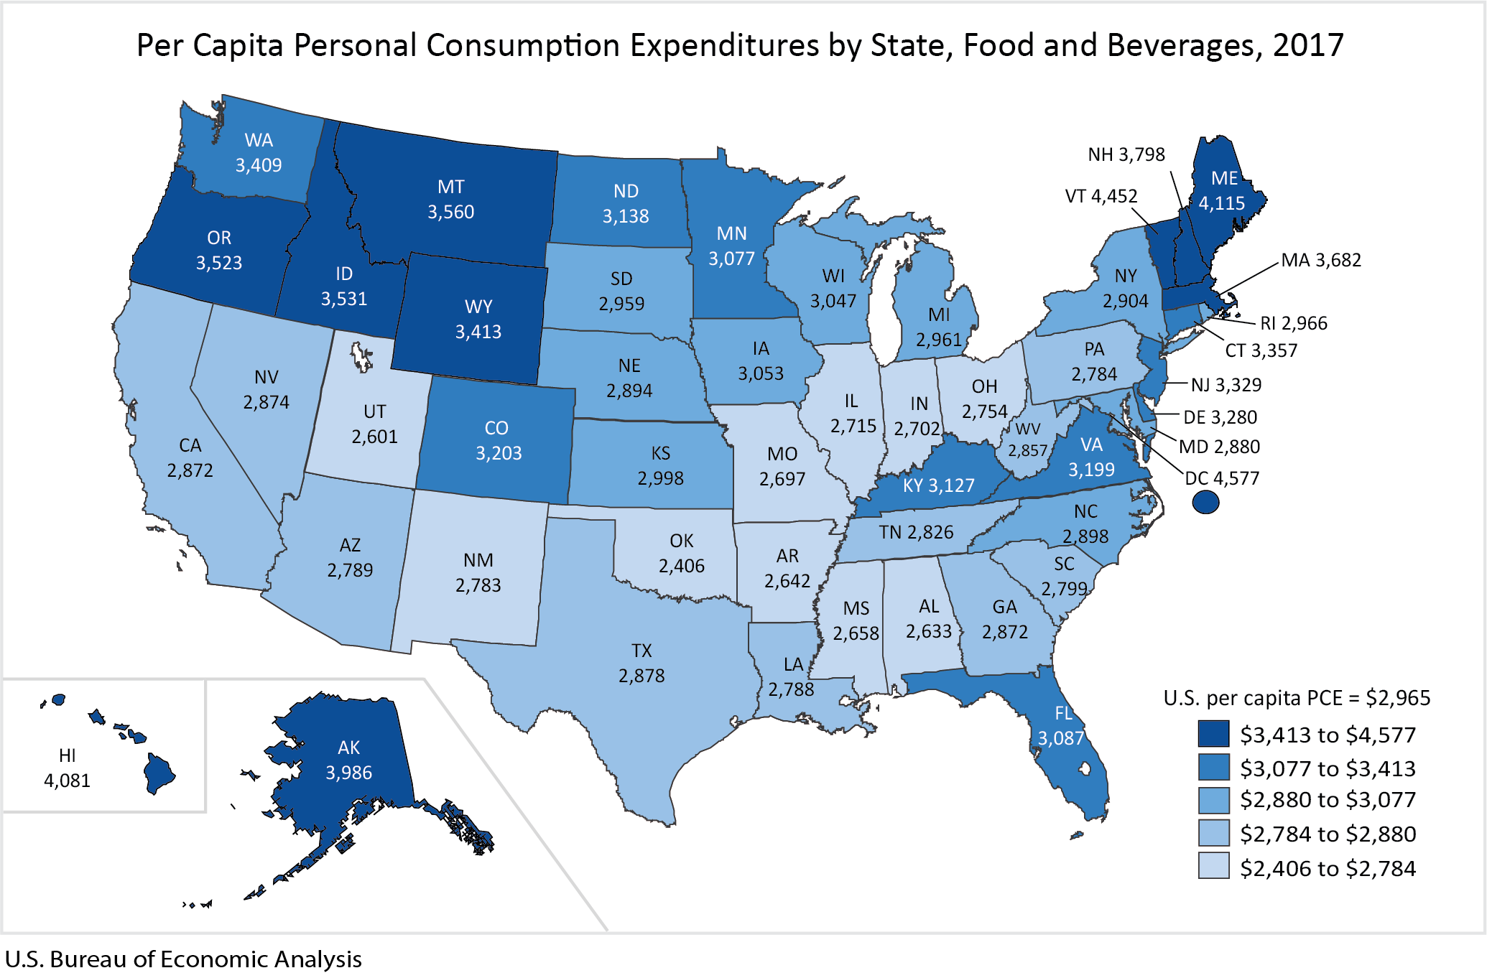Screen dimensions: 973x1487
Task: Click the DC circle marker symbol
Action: [1205, 502]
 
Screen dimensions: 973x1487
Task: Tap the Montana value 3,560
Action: [450, 212]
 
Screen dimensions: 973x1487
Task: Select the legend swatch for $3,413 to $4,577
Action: [1213, 734]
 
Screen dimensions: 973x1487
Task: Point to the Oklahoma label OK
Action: [681, 541]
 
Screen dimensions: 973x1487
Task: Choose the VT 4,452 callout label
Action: [1101, 196]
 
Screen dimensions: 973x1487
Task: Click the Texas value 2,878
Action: [641, 676]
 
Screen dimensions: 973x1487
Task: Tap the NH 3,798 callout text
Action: [1126, 154]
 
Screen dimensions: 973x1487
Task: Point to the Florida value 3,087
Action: [1060, 738]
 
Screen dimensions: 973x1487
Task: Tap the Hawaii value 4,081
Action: [67, 781]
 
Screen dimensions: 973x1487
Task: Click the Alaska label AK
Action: [348, 748]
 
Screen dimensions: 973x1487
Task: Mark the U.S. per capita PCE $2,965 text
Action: [1297, 698]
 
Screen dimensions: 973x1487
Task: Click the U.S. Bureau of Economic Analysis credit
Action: [183, 959]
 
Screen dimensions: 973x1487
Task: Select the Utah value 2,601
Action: [374, 437]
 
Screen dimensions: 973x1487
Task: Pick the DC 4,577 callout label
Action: [1222, 478]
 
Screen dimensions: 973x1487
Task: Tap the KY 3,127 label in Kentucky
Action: [938, 485]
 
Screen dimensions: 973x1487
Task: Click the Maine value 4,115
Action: [1221, 203]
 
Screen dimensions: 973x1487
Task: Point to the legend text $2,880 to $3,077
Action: [1328, 800]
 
